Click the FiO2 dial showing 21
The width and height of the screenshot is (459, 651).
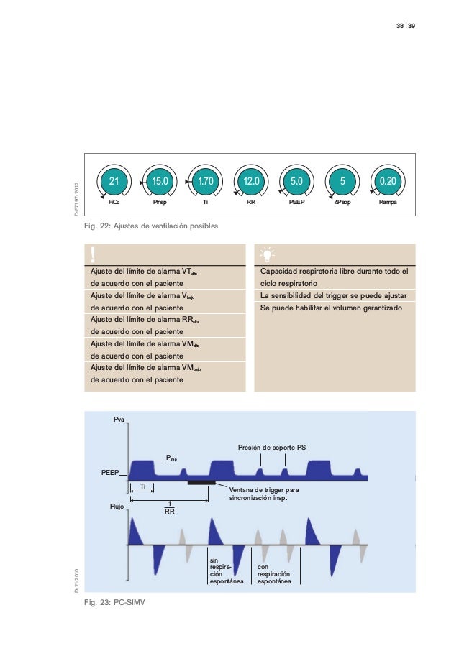[x=114, y=183]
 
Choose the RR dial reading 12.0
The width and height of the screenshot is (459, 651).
[x=251, y=183]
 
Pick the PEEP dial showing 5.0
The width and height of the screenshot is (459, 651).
[x=296, y=183]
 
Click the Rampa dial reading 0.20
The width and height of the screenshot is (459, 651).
[x=388, y=183]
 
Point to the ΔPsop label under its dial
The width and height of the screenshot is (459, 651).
[x=342, y=203]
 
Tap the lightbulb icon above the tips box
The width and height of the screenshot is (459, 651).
[x=266, y=254]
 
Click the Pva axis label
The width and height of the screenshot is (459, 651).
[x=119, y=418]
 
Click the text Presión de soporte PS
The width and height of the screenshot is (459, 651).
[x=273, y=448]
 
